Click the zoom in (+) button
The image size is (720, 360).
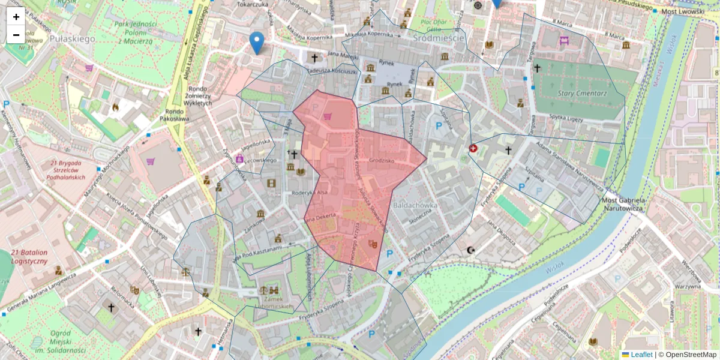16,17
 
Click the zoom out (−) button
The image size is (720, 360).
16,35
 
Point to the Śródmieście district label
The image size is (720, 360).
439,38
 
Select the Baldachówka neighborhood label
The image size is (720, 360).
413,205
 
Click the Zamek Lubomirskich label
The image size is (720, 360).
277,302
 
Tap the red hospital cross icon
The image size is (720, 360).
473,148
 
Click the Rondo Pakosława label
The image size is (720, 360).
175,115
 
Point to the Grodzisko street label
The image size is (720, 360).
382,161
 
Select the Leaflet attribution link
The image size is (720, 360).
641,355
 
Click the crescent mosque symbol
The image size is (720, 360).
470,250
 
